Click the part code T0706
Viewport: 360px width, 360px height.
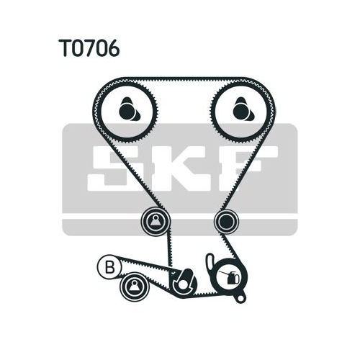(x=89, y=48)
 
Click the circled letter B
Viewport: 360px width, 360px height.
(x=109, y=267)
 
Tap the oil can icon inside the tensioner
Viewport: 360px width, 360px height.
(x=232, y=277)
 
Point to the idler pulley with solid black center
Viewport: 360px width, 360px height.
(x=226, y=222)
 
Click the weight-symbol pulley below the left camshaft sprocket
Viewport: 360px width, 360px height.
(x=156, y=221)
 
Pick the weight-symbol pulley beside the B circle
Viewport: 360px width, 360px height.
(x=135, y=287)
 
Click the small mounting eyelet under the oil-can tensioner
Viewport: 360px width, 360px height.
(x=240, y=297)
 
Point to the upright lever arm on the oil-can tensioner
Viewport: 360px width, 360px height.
(x=210, y=262)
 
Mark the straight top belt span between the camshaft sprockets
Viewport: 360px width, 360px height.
(x=182, y=79)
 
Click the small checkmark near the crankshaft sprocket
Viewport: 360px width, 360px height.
(x=173, y=273)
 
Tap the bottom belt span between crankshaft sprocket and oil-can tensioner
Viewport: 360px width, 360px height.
(x=209, y=294)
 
